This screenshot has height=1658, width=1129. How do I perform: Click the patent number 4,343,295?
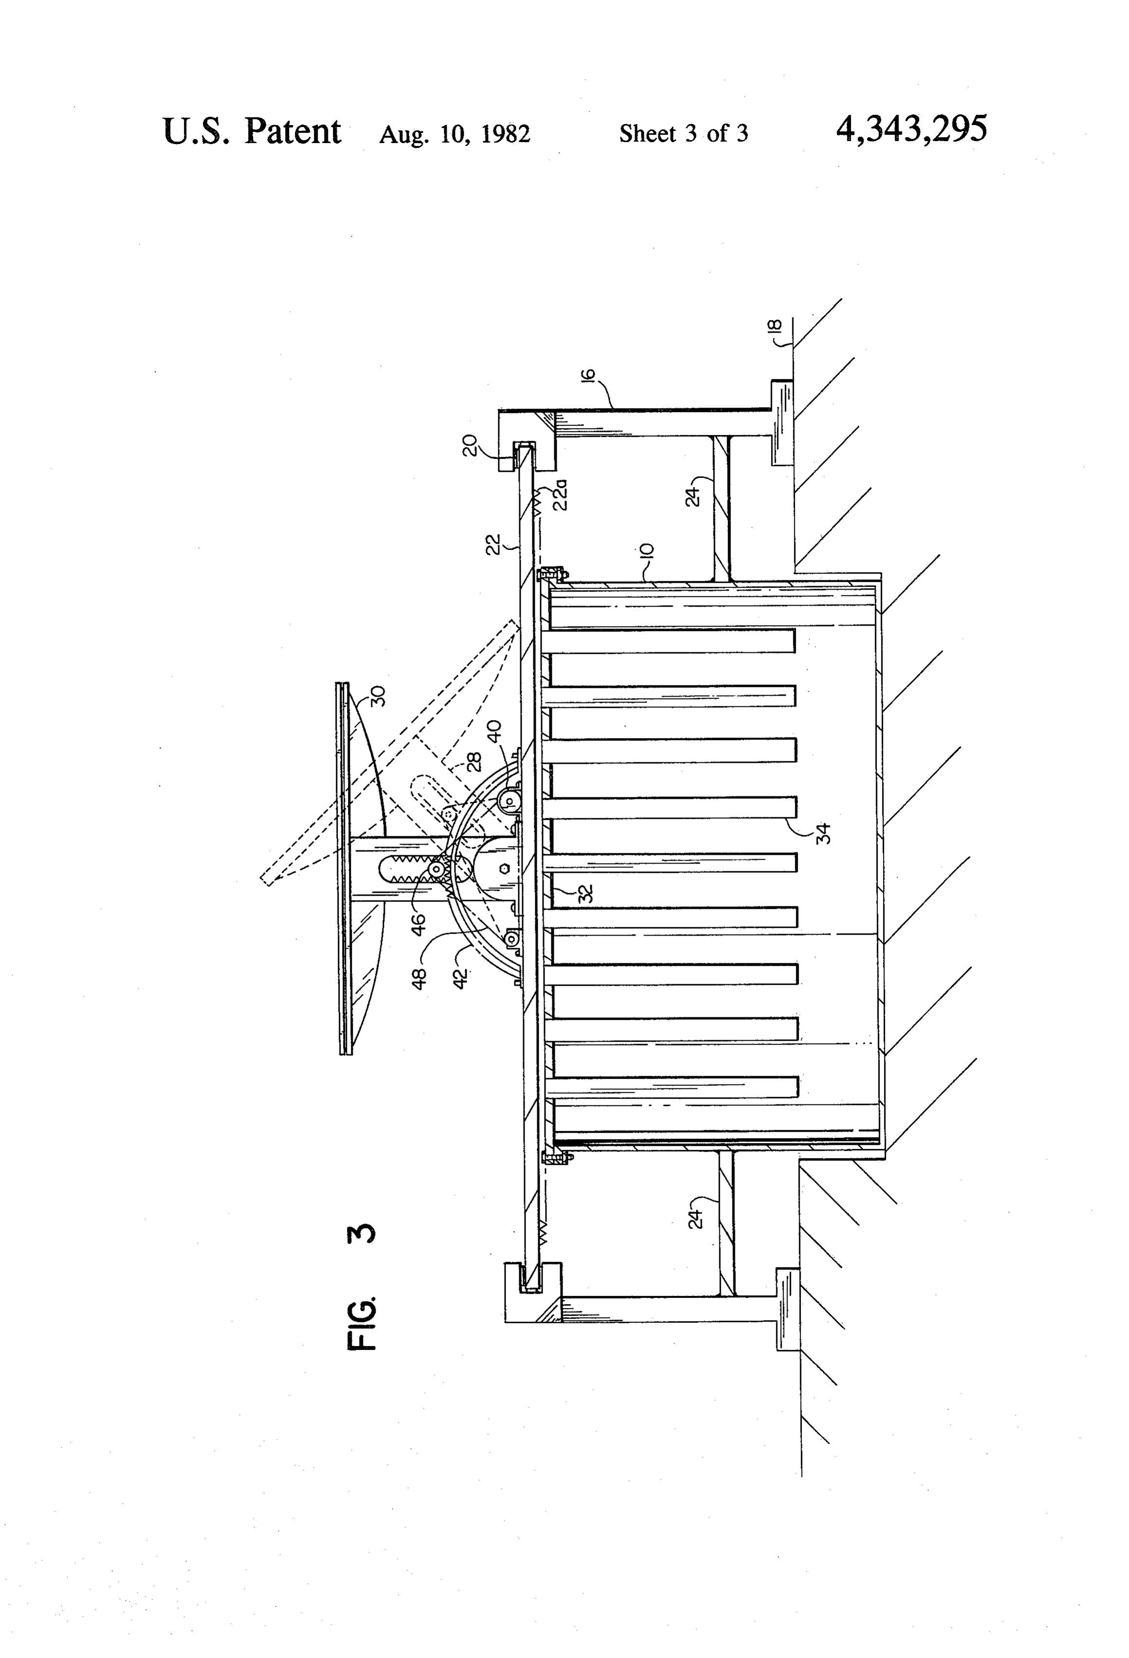click(911, 130)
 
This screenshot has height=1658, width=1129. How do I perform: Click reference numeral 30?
click(378, 696)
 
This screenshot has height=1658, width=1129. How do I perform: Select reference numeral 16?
click(589, 377)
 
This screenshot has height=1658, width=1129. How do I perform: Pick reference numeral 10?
click(647, 551)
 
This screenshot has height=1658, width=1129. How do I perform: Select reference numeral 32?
click(586, 893)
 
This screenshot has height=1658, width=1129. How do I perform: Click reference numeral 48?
click(419, 978)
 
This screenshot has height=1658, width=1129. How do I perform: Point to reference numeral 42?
click(461, 977)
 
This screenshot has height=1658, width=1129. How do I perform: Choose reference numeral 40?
click(494, 732)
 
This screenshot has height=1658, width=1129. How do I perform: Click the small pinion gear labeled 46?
click(435, 870)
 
